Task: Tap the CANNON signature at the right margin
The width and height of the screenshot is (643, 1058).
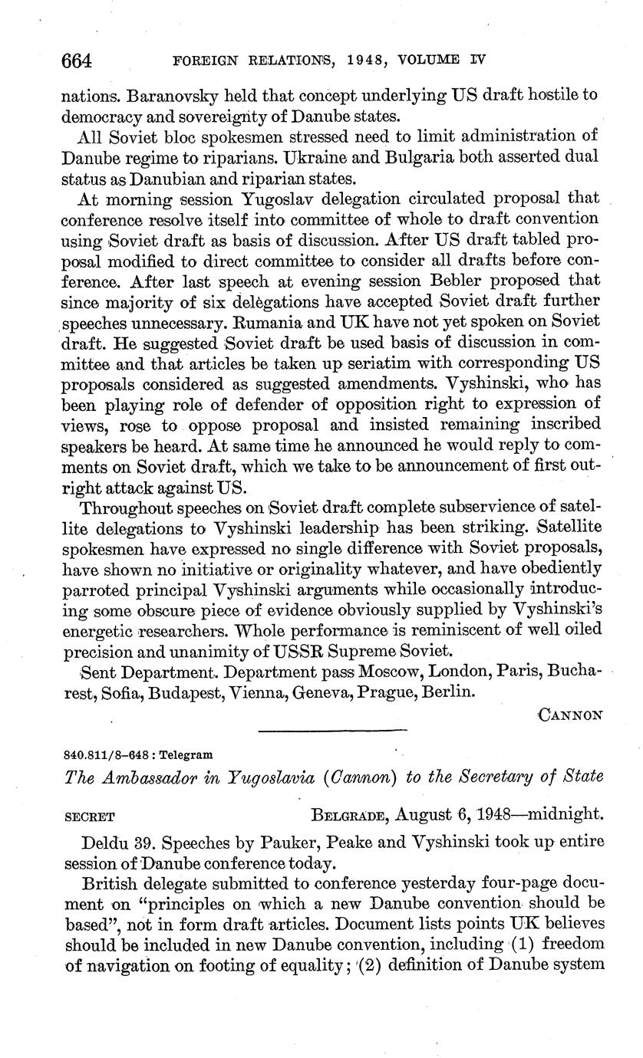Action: click(570, 715)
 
